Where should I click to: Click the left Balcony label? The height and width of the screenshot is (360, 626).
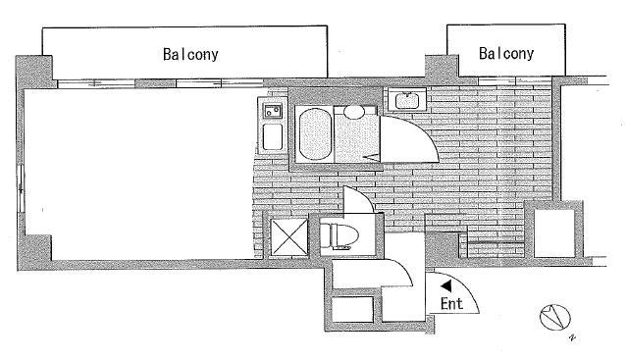(190, 55)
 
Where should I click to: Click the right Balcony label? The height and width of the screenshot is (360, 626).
(506, 54)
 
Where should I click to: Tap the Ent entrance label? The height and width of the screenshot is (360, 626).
(451, 304)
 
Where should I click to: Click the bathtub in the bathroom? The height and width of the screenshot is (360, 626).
(314, 134)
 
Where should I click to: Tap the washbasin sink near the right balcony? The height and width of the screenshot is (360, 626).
(403, 100)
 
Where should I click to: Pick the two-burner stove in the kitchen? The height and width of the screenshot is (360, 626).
(273, 110)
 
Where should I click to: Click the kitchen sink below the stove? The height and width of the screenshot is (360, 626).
(273, 137)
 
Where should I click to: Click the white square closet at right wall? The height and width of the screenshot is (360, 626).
(550, 231)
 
